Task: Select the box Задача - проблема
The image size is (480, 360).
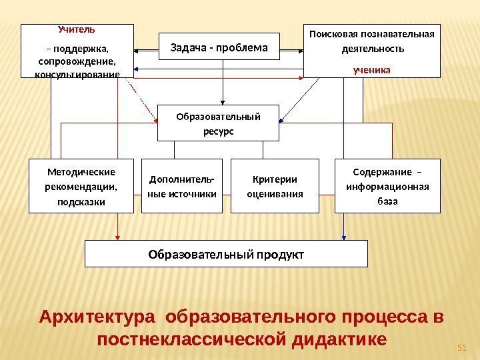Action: pyautogui.click(x=219, y=47)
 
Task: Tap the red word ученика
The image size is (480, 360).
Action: pyautogui.click(x=372, y=69)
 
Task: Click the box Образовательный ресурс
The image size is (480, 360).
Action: pyautogui.click(x=218, y=123)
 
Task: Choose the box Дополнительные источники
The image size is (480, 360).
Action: pyautogui.click(x=182, y=186)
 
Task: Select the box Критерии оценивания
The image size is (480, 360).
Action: pyautogui.click(x=275, y=186)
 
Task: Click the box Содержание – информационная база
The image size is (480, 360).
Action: pyautogui.click(x=387, y=186)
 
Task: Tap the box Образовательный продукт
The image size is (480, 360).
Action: pyautogui.click(x=227, y=254)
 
